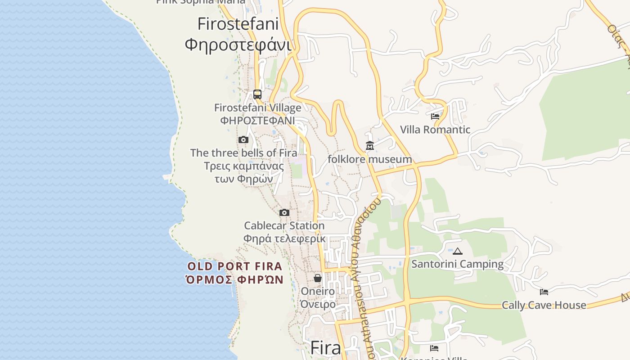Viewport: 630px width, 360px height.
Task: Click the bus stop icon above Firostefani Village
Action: point(257,94)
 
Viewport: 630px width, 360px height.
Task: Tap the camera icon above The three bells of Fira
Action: point(243,139)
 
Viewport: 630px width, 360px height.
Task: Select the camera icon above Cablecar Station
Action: point(284,212)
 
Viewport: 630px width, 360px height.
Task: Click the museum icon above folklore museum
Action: point(370,145)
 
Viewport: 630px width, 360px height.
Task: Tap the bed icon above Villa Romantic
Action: point(435,116)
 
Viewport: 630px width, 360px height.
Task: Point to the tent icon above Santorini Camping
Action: point(458,251)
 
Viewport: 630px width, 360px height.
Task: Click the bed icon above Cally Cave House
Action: point(544,292)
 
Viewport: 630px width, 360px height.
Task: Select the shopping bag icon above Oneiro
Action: point(318,278)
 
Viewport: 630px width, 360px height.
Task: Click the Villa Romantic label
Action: point(435,130)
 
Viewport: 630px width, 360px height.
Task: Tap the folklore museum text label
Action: point(370,159)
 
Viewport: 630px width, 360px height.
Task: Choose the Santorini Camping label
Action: point(458,264)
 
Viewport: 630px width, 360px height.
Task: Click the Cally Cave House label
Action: point(544,305)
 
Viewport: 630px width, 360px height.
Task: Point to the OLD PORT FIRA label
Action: point(234,266)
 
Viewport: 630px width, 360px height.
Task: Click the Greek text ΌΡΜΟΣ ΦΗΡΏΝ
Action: point(234,279)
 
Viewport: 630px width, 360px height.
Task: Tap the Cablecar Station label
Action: point(284,225)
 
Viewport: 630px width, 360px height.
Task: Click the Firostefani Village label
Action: point(257,108)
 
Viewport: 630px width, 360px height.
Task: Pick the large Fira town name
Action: point(326,348)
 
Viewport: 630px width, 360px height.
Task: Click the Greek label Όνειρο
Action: point(318,304)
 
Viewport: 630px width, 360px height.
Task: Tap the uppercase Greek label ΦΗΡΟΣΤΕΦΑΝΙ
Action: point(257,121)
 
